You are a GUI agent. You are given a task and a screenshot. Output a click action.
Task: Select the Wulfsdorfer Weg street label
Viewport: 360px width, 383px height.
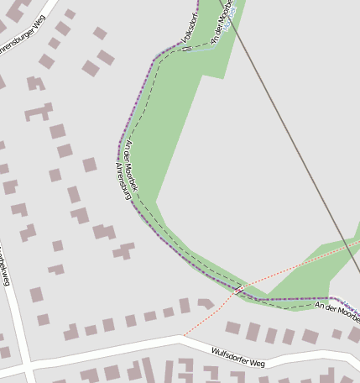pyautogui.click(x=238, y=359)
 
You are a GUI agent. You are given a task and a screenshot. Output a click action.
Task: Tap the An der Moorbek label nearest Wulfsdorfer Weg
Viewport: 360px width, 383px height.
pyautogui.click(x=337, y=311)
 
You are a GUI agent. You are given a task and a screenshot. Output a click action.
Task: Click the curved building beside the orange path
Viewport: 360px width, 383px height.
pyautogui.click(x=206, y=303)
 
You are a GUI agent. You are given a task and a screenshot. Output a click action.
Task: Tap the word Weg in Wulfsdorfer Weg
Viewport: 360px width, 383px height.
pyautogui.click(x=257, y=363)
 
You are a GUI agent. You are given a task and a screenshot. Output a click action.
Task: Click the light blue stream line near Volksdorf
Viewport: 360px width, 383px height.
pyautogui.click(x=206, y=49)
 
